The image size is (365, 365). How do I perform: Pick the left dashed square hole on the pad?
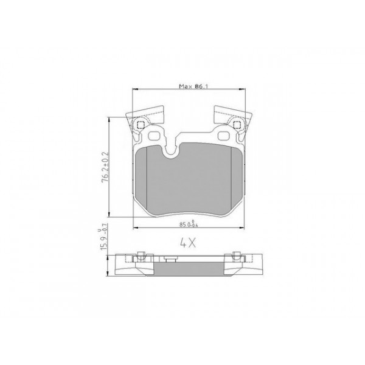pyautogui.click(x=141, y=126)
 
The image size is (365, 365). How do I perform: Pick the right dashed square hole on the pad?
pyautogui.click(x=237, y=126)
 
